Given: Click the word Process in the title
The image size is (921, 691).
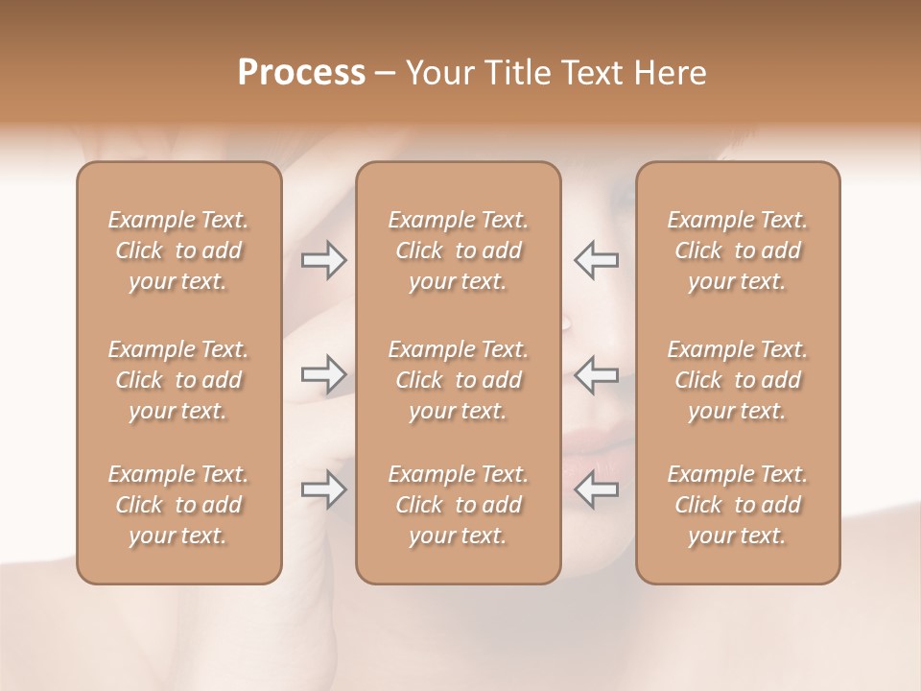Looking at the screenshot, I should [301, 73].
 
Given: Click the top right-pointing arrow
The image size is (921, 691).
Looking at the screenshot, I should [323, 260].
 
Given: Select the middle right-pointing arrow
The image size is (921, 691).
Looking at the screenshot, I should [323, 374].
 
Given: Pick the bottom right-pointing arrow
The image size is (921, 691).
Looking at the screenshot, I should [323, 489].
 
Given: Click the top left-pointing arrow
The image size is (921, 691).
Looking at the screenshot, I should [597, 260].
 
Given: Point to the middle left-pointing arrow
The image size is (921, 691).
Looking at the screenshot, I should [597, 374].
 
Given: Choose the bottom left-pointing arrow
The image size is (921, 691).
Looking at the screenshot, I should [597, 489].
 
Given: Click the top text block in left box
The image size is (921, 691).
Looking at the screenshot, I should [178, 250].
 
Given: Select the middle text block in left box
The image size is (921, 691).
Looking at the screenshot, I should [178, 380].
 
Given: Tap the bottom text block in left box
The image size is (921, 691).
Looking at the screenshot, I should [178, 505].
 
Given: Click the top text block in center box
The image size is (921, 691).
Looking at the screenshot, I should [459, 250].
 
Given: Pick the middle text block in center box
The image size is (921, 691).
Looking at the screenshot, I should [459, 380].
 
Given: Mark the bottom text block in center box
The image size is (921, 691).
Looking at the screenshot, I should [459, 505].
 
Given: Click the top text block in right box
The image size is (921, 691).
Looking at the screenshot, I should [738, 250].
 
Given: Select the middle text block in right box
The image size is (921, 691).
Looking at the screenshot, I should [738, 380].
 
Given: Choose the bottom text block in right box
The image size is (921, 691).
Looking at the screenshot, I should [738, 505].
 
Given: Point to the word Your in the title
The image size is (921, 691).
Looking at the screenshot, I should [437, 73].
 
